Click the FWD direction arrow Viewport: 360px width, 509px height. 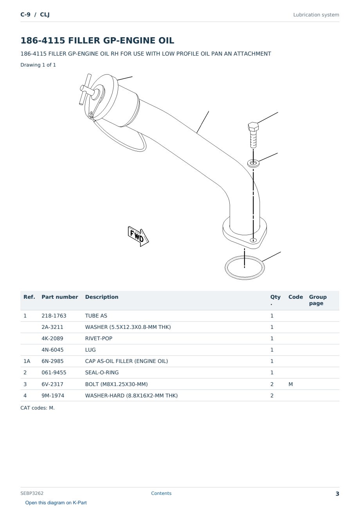[138, 236]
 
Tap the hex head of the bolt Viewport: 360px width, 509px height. [253, 127]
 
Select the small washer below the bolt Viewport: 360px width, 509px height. [253, 163]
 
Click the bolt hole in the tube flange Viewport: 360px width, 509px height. [253, 240]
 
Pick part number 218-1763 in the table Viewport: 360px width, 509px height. [54, 316]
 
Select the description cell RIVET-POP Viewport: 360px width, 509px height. [99, 338]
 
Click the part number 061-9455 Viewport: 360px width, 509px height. [54, 372]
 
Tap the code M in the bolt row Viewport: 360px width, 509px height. [290, 384]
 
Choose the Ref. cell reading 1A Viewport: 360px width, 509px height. [27, 361]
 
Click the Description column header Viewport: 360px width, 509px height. [102, 297]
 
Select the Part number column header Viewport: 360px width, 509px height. [60, 297]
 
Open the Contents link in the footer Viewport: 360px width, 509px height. [161, 493]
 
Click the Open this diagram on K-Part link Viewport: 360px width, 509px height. [56, 503]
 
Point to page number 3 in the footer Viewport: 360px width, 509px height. [337, 494]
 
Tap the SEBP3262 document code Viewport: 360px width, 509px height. [32, 493]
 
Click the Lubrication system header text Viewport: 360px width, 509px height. [316, 15]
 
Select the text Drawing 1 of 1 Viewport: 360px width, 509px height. [38, 65]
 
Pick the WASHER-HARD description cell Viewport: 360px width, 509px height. [131, 395]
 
